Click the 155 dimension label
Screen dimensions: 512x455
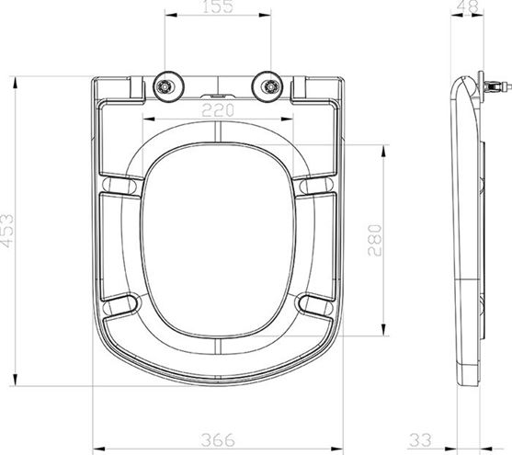218,6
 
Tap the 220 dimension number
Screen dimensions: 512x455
218,110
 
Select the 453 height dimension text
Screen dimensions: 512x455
7,231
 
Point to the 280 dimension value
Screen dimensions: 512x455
374,241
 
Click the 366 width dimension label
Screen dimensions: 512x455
218,440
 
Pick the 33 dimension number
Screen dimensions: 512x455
421,440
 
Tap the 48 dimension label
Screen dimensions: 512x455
470,6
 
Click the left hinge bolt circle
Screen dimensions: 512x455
165,86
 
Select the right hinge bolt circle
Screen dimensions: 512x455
270,86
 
